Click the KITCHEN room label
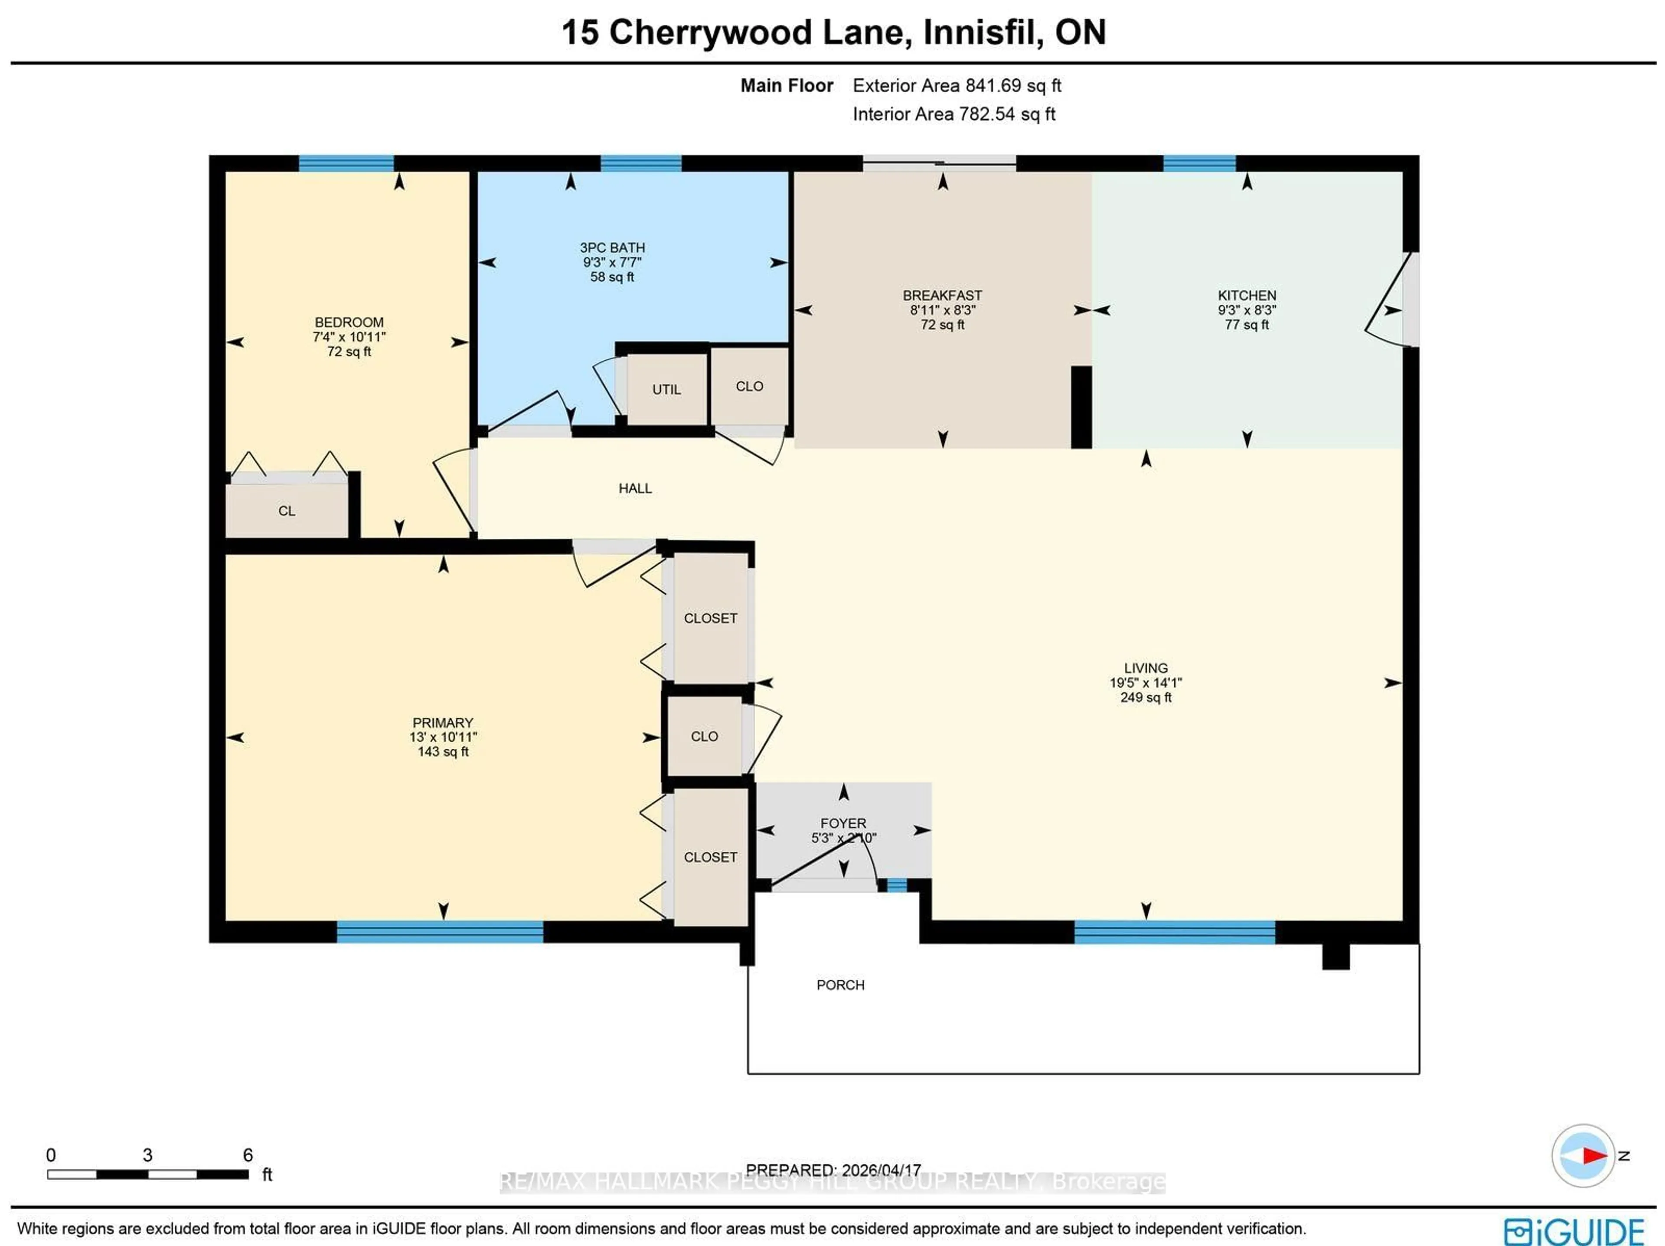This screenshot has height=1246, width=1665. pos(1247,296)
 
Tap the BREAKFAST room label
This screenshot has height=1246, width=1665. pos(942,296)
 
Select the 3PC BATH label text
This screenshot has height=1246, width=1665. pos(612,247)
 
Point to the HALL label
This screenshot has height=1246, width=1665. pos(634,488)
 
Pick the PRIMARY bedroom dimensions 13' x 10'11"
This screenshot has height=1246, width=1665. pos(443,737)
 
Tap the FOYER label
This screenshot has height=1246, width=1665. pos(843,823)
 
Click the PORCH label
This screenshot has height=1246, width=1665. pos(840,985)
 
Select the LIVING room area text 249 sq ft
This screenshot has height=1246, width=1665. pos(1146,697)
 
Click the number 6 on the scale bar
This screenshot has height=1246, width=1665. pos(248,1154)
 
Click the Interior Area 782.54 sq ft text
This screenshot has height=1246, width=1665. pos(953,114)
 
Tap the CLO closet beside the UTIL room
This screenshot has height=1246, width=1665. pos(749,386)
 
